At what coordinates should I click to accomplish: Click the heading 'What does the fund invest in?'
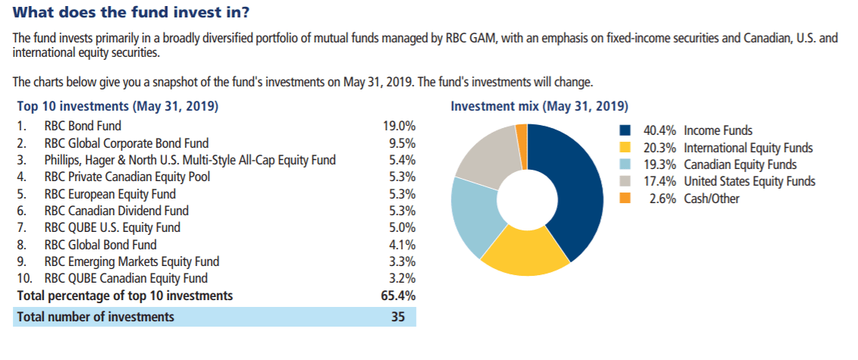[x=132, y=13]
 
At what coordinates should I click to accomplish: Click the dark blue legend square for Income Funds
[x=625, y=131]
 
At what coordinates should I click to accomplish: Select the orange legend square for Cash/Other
[x=625, y=198]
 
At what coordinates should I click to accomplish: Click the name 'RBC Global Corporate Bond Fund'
[x=127, y=142]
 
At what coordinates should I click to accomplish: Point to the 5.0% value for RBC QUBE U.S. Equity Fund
[x=402, y=227]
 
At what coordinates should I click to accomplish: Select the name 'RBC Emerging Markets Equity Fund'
[x=132, y=261]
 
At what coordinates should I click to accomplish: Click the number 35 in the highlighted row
[x=399, y=317]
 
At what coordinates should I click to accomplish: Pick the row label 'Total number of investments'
[x=96, y=317]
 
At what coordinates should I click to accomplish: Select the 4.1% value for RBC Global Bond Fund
[x=402, y=245]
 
